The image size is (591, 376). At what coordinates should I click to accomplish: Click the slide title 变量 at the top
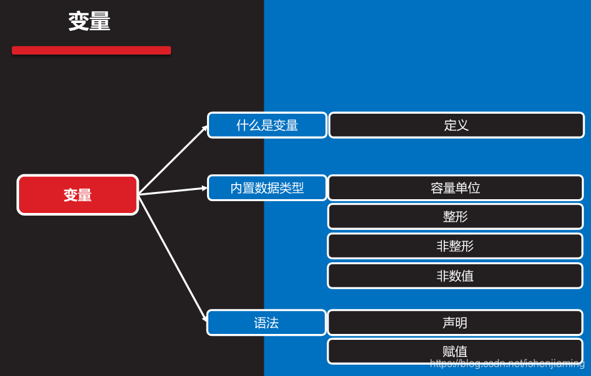89,22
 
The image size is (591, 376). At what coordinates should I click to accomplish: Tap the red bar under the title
91,50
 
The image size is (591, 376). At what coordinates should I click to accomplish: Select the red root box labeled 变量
78,195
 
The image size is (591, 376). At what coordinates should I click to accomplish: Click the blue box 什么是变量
267,125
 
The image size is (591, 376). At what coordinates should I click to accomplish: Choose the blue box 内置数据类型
267,188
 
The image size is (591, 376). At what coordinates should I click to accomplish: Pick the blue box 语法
266,323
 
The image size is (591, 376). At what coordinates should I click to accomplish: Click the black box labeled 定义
456,125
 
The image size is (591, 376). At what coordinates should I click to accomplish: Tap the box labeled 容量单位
455,188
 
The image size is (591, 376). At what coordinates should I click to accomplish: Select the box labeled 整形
455,217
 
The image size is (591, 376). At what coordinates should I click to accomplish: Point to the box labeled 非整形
455,246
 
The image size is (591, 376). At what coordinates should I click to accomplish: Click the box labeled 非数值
455,276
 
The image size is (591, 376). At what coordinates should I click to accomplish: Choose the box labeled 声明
455,323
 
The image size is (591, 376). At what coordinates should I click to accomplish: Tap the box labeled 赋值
455,351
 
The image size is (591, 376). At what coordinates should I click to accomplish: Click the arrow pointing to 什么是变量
172,160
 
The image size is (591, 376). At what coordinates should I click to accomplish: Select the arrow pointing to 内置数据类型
172,191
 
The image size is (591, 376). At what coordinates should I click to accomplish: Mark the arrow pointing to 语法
172,258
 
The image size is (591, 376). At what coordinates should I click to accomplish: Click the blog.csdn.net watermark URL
507,364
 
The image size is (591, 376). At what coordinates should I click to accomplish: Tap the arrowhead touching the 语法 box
203,317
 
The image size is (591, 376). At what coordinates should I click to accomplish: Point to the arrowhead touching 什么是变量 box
204,128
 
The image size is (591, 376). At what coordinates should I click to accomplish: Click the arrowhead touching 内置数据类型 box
204,188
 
